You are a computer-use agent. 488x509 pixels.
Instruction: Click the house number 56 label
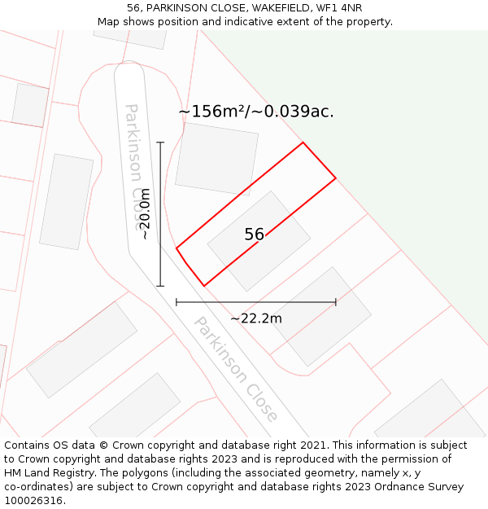pyautogui.click(x=254, y=235)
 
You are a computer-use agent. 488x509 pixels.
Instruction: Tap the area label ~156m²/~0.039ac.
pyautogui.click(x=256, y=112)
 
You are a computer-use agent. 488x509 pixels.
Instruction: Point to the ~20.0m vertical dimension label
pyautogui.click(x=145, y=214)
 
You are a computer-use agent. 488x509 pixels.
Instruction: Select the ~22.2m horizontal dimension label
pyautogui.click(x=256, y=318)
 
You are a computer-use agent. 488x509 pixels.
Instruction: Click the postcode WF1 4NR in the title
pyautogui.click(x=340, y=8)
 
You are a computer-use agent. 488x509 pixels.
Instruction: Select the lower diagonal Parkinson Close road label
pyautogui.click(x=235, y=368)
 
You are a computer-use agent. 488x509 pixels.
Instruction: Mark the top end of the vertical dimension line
pyautogui.click(x=160, y=143)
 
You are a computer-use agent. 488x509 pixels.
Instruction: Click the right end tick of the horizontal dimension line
pyautogui.click(x=336, y=302)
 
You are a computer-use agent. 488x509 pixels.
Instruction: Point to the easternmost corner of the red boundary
pyautogui.click(x=336, y=178)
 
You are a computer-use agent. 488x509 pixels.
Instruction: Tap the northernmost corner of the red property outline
pyautogui.click(x=303, y=143)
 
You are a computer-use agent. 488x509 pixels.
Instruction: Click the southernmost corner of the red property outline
pyautogui.click(x=203, y=286)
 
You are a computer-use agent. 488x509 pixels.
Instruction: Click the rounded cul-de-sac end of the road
pyautogui.click(x=129, y=72)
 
